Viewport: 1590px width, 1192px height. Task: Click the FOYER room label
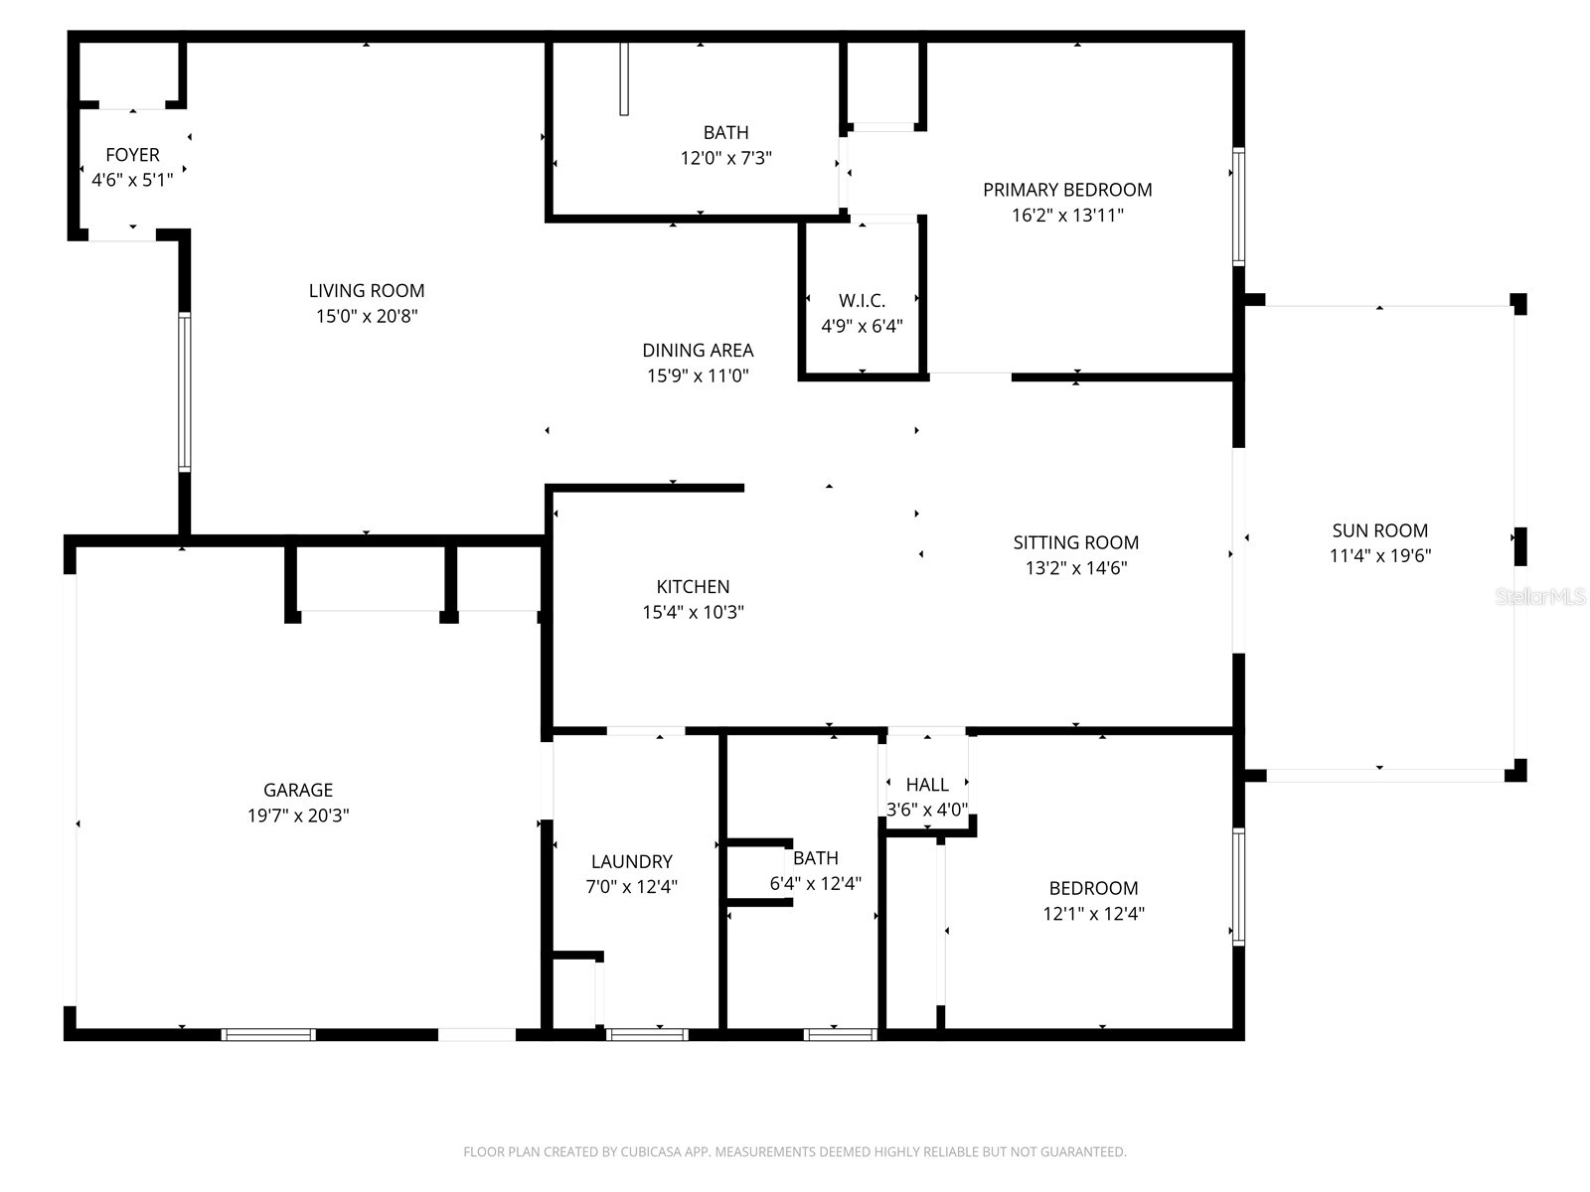pos(132,155)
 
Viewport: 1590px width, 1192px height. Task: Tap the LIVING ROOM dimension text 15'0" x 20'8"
pos(367,317)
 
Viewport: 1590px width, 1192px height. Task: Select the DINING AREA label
pos(698,350)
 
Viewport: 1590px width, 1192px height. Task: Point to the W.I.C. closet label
pos(862,300)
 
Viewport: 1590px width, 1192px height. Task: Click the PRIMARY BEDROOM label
pos(1067,190)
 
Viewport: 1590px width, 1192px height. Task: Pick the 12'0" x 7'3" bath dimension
pos(725,158)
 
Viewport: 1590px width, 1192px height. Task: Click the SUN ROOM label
pos(1379,530)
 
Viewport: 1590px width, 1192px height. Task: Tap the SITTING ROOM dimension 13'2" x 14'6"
pos(1075,568)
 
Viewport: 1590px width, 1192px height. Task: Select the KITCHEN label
pos(693,587)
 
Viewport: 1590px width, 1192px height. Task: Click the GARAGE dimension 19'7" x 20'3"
pos(298,816)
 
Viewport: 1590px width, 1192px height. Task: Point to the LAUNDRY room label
pos(631,861)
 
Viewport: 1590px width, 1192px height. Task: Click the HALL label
pos(926,785)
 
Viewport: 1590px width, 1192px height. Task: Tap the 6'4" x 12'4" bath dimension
pos(815,883)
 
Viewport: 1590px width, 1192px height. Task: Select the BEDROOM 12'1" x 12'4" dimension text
pos(1093,914)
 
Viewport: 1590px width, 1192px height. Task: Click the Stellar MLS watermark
pos(1539,597)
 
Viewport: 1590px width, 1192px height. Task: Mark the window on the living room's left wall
pos(184,391)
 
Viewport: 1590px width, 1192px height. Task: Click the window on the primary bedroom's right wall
pos(1238,207)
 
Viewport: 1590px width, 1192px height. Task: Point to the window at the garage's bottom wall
pos(268,1034)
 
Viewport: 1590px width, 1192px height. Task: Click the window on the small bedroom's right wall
pos(1238,886)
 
